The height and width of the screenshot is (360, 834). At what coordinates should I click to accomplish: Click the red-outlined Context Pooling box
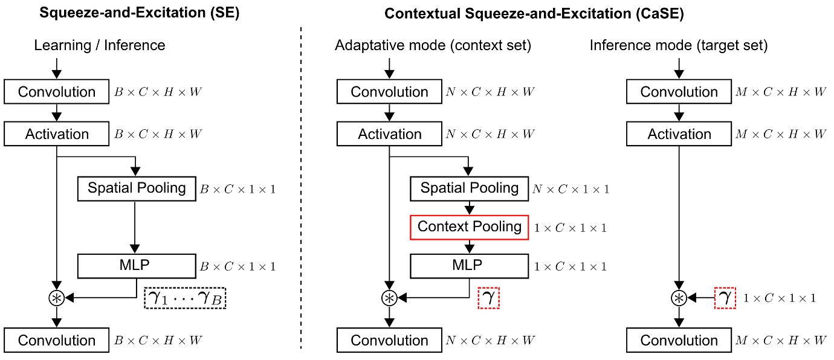click(x=470, y=227)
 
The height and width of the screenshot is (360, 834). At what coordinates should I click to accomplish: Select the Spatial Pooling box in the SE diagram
click(x=137, y=188)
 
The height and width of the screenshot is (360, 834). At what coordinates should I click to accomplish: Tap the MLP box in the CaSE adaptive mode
click(x=470, y=265)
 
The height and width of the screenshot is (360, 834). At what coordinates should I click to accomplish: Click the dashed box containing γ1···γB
click(x=185, y=297)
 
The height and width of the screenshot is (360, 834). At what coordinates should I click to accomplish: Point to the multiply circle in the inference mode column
click(x=679, y=298)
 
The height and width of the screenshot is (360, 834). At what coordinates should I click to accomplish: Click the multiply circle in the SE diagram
click(x=57, y=298)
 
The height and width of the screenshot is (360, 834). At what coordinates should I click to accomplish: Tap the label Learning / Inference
click(x=99, y=45)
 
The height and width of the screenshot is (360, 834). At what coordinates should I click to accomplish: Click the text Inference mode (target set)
click(x=678, y=45)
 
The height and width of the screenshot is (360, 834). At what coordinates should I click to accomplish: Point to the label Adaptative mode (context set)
click(x=433, y=45)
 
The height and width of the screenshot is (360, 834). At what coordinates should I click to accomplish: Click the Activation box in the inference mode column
click(x=679, y=134)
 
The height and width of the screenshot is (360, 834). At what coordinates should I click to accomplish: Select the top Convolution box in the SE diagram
click(x=57, y=92)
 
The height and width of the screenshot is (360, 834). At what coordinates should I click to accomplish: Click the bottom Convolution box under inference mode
click(x=679, y=340)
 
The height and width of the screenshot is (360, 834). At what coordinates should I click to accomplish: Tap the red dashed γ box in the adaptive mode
click(x=489, y=297)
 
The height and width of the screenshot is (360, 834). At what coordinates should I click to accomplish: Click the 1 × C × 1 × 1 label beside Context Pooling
click(x=571, y=228)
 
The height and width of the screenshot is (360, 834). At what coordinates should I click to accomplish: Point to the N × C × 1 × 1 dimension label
click(x=571, y=189)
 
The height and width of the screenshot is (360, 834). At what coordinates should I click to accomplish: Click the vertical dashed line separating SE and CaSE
click(x=301, y=181)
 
